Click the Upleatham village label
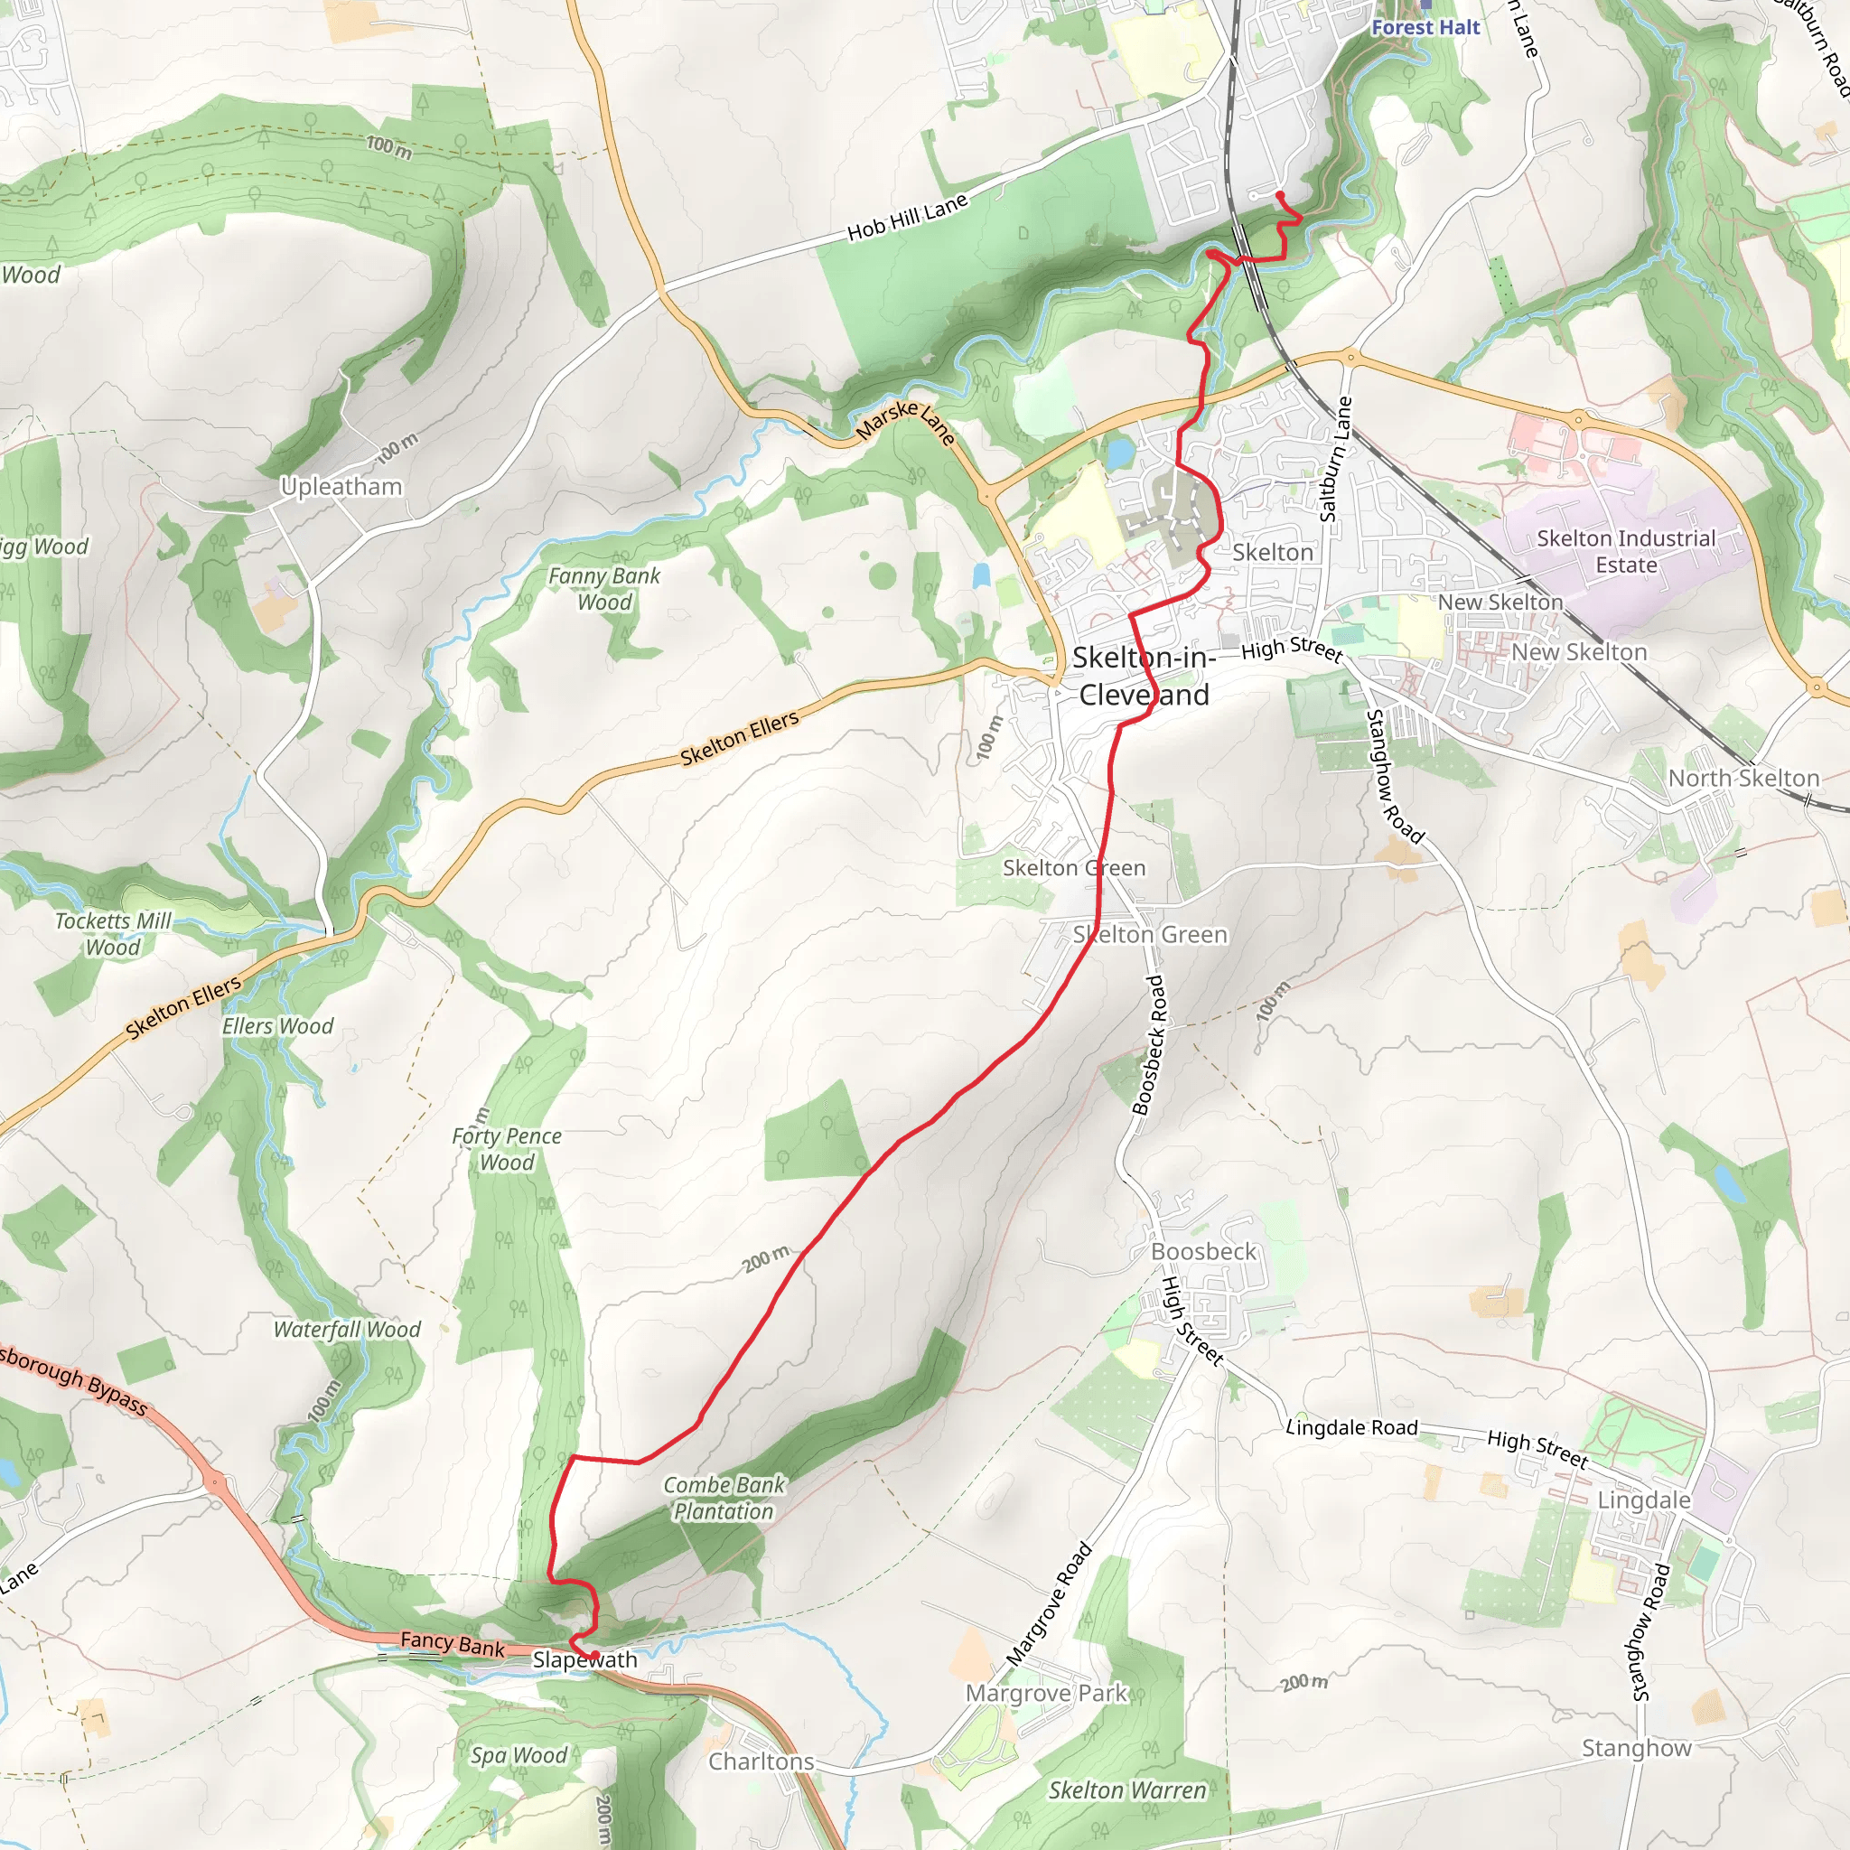(x=341, y=487)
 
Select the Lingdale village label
(x=1643, y=1500)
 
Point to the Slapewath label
(x=585, y=1659)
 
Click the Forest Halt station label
(x=1425, y=27)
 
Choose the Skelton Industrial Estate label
(x=1626, y=552)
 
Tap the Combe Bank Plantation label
(x=724, y=1498)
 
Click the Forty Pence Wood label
(x=507, y=1149)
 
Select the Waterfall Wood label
(x=347, y=1329)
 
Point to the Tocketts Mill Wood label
(x=113, y=934)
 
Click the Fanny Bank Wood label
(x=604, y=589)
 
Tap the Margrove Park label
(x=1047, y=1693)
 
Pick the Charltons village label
(x=761, y=1761)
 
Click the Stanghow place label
(x=1637, y=1748)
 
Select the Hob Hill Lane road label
(x=908, y=218)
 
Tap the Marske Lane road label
(x=906, y=421)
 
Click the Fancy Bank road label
(x=452, y=1643)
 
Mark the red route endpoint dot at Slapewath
(x=594, y=1655)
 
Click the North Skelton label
(x=1743, y=779)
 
